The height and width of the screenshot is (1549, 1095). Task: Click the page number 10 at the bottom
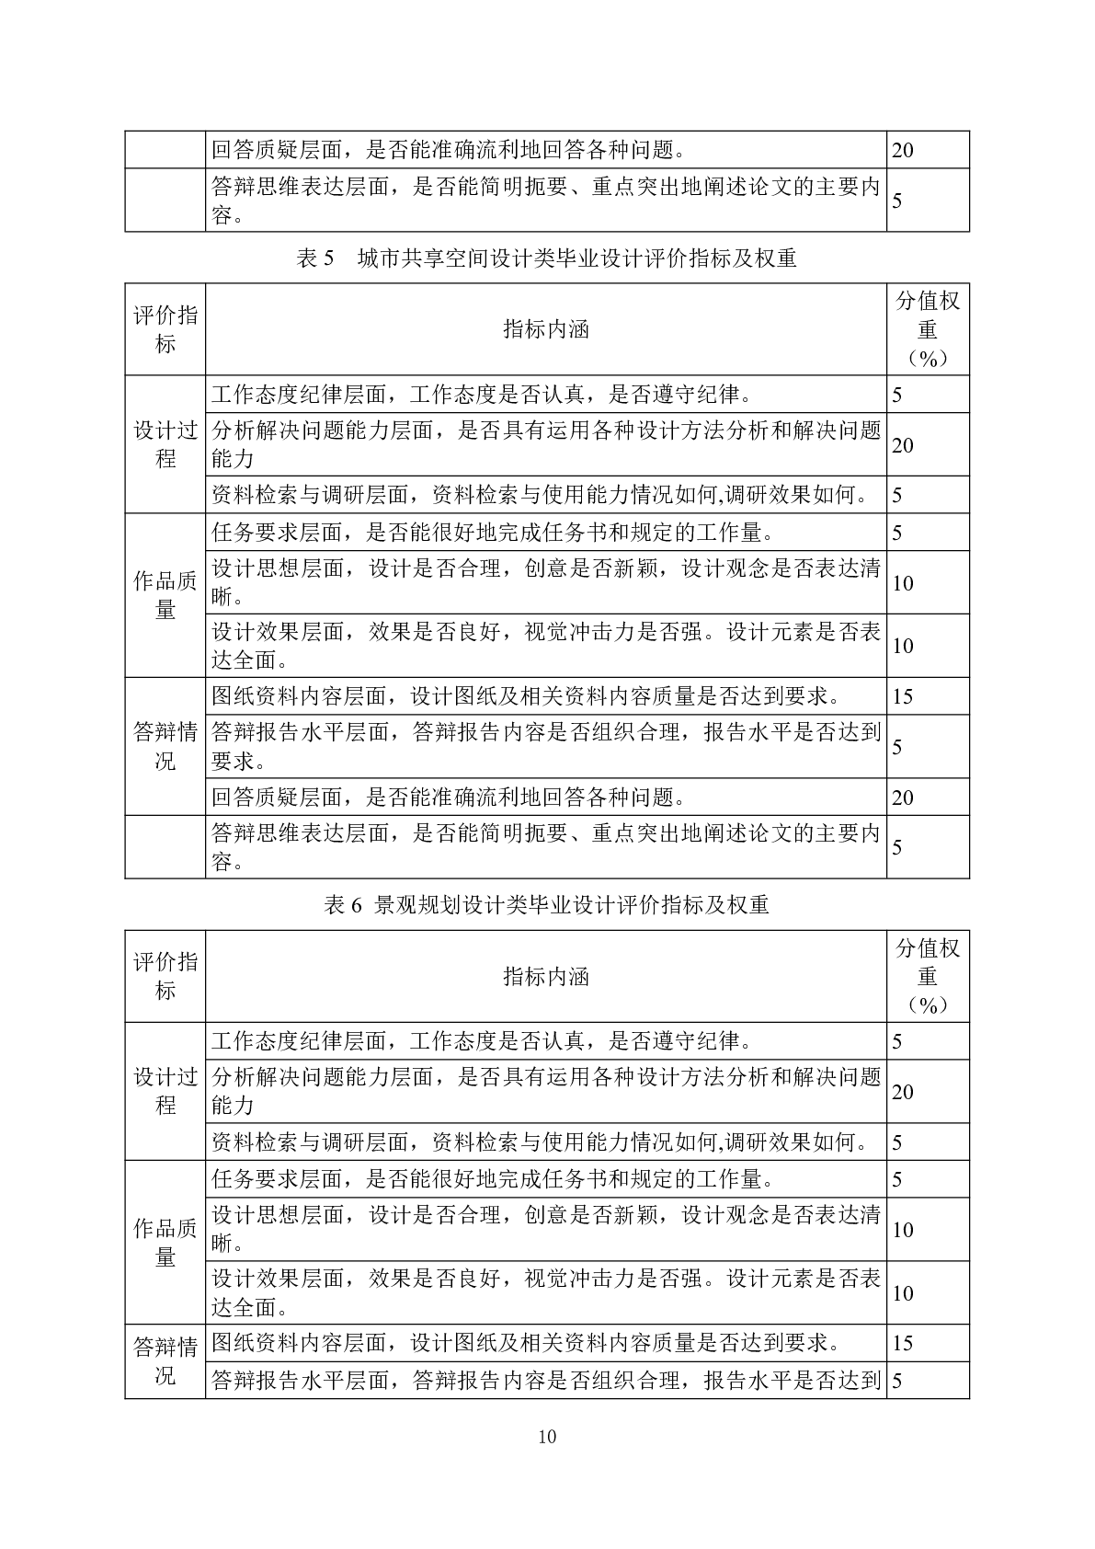point(547,1437)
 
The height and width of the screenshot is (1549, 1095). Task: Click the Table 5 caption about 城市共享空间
point(547,258)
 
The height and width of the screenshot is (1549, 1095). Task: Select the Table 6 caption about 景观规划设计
point(547,905)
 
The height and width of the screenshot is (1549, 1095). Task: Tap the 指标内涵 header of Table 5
point(546,329)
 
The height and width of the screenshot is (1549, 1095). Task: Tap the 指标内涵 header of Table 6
point(546,976)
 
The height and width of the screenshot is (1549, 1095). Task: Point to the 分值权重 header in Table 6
point(928,976)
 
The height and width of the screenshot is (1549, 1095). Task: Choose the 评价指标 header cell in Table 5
point(165,329)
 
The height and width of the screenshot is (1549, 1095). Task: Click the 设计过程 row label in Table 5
point(165,444)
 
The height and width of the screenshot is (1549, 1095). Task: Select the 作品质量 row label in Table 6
point(165,1242)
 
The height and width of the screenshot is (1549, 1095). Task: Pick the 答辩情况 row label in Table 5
point(165,746)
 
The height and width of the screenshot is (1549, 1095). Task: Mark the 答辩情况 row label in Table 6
point(165,1361)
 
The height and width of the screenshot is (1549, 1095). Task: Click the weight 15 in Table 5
point(903,696)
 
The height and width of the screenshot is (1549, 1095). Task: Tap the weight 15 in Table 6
point(903,1343)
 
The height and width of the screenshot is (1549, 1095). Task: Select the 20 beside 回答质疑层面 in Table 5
point(903,797)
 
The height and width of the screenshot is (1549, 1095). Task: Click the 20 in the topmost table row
point(903,150)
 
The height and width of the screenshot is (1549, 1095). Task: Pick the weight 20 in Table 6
point(903,1092)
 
